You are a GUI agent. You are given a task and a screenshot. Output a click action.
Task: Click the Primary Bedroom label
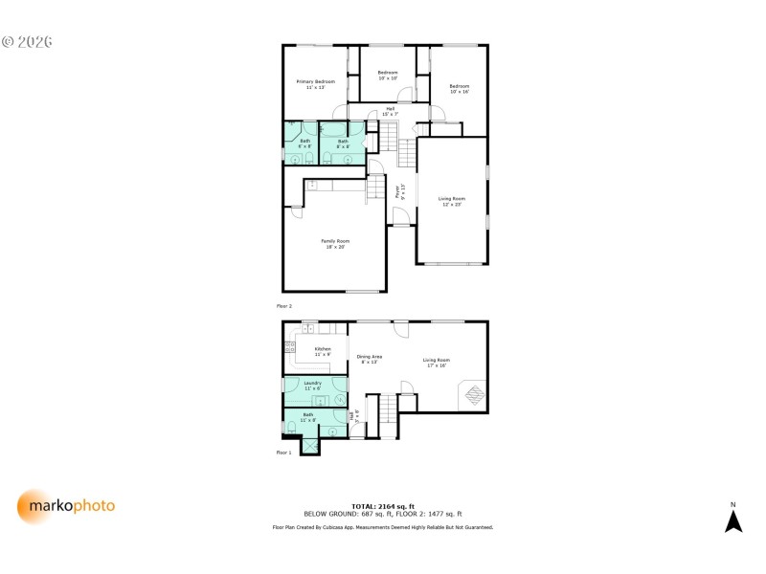pos(315,84)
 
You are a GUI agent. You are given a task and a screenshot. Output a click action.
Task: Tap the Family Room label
pos(334,243)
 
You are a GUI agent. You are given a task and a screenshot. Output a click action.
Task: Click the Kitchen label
pos(323,351)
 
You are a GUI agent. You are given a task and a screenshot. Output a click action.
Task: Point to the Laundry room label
pos(312,386)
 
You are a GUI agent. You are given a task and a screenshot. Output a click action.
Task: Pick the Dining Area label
pos(370,359)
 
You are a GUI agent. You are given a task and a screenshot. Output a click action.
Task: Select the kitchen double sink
pos(309,328)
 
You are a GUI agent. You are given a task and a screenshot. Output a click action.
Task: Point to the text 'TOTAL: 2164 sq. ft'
pos(383,505)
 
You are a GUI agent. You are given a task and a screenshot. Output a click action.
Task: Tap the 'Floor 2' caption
pos(284,306)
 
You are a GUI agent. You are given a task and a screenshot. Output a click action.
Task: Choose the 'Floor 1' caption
pos(284,452)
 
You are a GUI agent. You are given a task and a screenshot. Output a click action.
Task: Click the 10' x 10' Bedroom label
pos(388,76)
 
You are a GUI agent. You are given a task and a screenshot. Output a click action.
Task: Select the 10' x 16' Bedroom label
pos(460,89)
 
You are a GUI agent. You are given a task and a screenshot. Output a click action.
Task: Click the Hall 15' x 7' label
pos(390,111)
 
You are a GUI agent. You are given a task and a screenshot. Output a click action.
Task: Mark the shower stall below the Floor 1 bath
pos(311,445)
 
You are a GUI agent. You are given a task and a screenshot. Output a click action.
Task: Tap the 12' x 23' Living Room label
pos(451,201)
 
